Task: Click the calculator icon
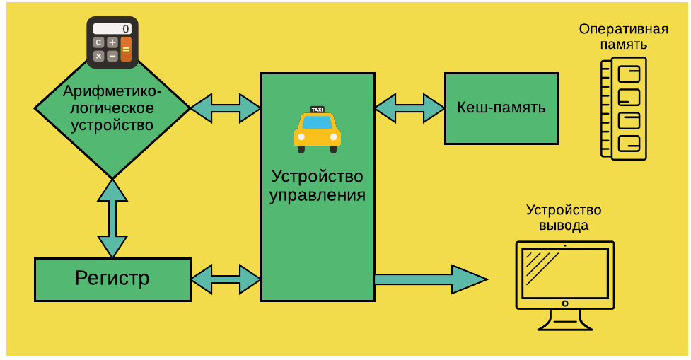(x=112, y=42)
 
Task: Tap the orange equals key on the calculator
(x=126, y=49)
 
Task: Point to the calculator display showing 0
(x=112, y=29)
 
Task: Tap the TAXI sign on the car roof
(x=317, y=110)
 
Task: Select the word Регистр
(x=112, y=278)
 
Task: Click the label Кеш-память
(x=501, y=108)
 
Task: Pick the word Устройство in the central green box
(x=317, y=175)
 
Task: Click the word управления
(x=317, y=195)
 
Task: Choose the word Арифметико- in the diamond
(x=112, y=91)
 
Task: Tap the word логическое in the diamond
(x=112, y=108)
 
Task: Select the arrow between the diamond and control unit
(x=226, y=108)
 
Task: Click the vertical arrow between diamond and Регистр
(x=112, y=218)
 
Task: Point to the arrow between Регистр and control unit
(x=226, y=279)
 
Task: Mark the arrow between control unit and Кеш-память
(x=410, y=108)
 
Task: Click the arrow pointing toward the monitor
(x=430, y=279)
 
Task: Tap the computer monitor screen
(x=564, y=273)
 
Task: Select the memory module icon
(x=624, y=108)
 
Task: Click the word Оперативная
(x=623, y=29)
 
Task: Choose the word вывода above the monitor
(x=564, y=226)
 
